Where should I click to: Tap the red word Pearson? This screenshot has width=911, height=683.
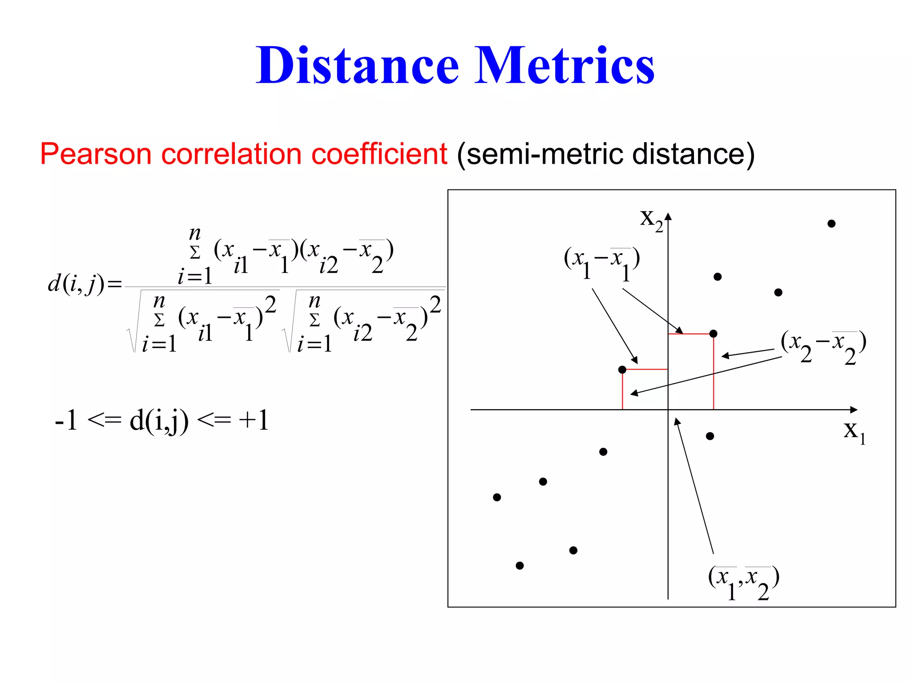point(96,154)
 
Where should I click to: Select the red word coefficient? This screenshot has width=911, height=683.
point(379,154)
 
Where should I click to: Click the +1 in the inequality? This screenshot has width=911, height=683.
point(254,420)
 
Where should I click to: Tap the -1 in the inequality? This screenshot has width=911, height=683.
point(66,420)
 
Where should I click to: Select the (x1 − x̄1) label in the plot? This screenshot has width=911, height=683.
point(601,262)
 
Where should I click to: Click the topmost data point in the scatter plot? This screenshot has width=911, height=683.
point(831,224)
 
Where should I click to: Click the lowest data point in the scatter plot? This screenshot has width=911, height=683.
point(520,566)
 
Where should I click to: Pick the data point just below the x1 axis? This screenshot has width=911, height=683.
point(710,436)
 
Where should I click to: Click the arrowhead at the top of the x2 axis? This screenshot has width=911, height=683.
point(668,217)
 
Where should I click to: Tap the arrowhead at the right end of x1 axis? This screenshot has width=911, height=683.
point(854,410)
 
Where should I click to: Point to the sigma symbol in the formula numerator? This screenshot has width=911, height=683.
point(195,253)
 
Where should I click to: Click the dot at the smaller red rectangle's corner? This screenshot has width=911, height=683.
point(622,370)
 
